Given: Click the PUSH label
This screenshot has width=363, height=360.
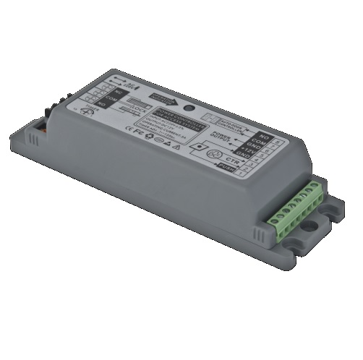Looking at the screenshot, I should point(226,168).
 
